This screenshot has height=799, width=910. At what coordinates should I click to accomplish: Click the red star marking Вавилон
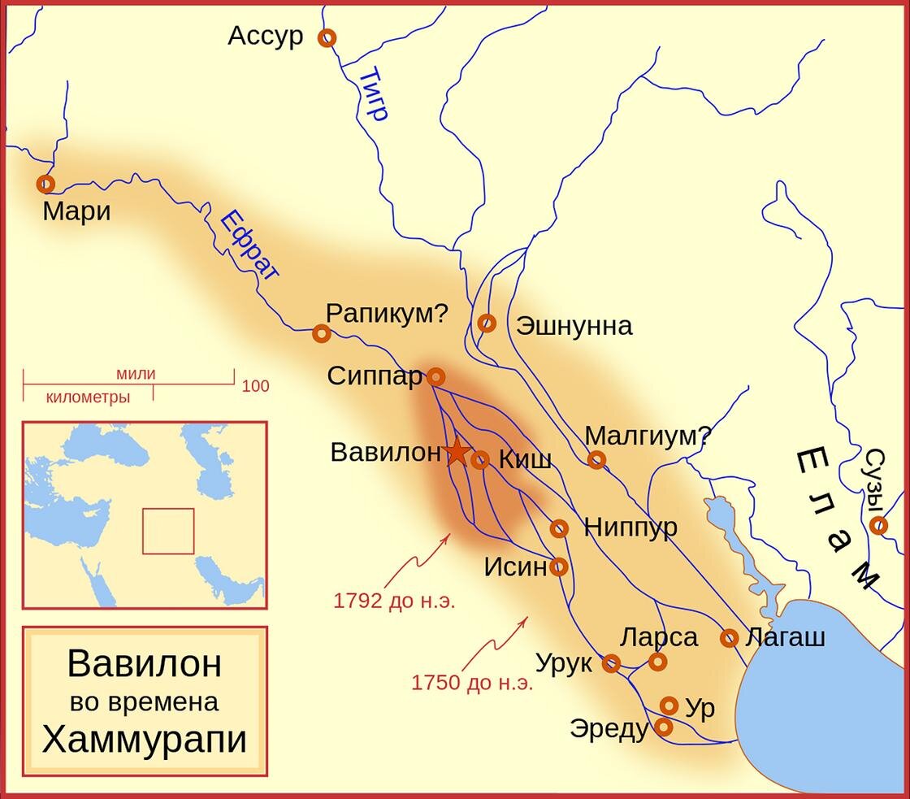point(457,452)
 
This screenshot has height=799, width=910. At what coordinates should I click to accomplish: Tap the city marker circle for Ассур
point(327,37)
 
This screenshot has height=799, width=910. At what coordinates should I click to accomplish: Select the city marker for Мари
point(45,184)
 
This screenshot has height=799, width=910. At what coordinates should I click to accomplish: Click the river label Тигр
point(373,95)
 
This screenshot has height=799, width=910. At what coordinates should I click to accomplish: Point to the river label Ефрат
point(249,248)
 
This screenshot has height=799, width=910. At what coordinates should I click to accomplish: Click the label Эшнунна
point(574,326)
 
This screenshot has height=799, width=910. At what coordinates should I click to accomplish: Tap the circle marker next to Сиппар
point(436,376)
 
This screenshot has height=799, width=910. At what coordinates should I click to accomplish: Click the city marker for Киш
point(480,460)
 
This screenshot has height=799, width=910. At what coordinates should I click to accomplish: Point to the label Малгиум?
point(648,436)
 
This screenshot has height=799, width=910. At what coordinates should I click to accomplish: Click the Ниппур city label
point(630,527)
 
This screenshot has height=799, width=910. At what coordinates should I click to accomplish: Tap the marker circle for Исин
point(559,567)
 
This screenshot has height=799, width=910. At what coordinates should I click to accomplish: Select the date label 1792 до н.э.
point(394,601)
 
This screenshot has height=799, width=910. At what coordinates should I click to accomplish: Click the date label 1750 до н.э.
point(472,682)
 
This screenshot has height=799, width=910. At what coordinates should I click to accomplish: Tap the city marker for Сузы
point(878,525)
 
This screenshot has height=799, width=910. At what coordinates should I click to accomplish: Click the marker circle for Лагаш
point(730,638)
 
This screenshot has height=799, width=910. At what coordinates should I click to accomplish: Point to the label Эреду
point(609,728)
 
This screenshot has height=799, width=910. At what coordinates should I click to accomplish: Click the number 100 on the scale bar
point(256,387)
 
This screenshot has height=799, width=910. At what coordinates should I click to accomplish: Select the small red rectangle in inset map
point(168,531)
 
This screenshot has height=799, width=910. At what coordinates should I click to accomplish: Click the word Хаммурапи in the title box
point(144,740)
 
